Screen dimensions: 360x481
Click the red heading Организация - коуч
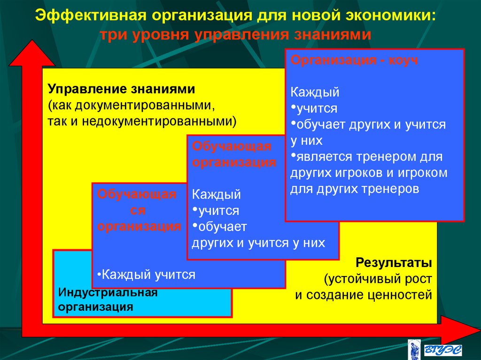coord(354,61)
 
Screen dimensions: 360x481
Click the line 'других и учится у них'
coord(258,243)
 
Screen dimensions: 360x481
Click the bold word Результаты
coord(394,261)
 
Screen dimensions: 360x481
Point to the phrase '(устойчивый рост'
coord(377,278)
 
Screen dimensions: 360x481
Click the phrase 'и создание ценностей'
coord(363,295)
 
